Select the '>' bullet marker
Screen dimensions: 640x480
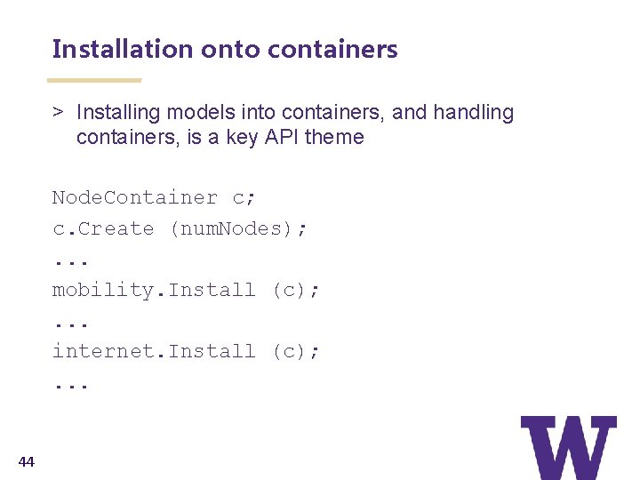[57, 113]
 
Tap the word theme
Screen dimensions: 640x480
[334, 137]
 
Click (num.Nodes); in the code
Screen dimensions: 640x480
[238, 228]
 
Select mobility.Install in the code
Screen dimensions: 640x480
[154, 290]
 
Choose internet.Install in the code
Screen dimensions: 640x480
[154, 351]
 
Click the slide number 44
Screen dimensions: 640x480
[27, 460]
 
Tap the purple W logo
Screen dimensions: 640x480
[568, 447]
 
